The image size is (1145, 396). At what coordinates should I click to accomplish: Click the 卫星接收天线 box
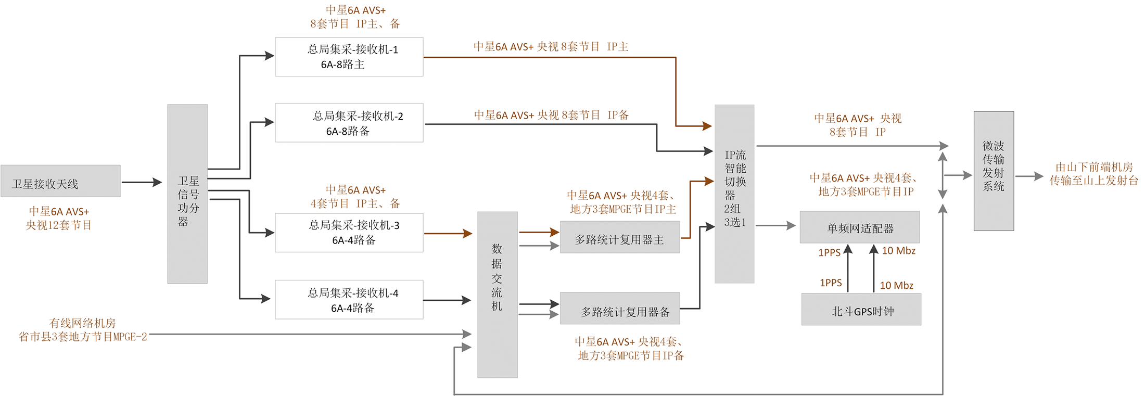(x=60, y=181)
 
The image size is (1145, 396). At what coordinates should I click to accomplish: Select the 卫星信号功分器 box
(x=187, y=194)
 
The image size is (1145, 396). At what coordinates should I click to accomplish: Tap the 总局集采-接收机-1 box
(x=349, y=57)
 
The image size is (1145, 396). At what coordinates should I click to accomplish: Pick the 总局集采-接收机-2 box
(x=349, y=123)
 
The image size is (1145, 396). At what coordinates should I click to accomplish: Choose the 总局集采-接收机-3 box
(x=349, y=233)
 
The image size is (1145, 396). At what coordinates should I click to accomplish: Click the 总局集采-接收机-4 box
(x=349, y=300)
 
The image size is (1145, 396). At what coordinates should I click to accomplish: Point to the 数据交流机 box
(x=497, y=295)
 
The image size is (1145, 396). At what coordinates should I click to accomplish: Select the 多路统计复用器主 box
(x=619, y=237)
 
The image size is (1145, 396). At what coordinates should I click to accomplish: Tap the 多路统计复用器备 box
(x=619, y=309)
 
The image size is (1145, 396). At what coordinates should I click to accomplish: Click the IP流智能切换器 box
(x=734, y=194)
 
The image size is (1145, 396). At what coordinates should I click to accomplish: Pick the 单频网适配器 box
(x=859, y=227)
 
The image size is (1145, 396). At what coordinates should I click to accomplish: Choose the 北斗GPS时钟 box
(x=861, y=310)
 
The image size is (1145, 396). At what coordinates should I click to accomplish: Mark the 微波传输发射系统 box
(x=993, y=171)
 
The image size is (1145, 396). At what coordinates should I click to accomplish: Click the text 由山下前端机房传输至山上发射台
(x=1093, y=174)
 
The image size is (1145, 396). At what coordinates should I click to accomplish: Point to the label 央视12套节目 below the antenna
(x=59, y=225)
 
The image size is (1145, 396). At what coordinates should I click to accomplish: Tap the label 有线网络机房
(x=82, y=323)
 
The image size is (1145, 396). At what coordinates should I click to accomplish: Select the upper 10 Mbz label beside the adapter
(x=898, y=251)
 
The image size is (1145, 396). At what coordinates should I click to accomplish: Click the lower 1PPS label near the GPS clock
(x=831, y=283)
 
